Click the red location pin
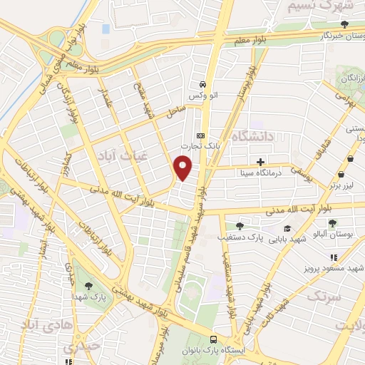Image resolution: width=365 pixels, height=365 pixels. [183, 168]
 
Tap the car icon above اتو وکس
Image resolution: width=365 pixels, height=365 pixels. [202, 82]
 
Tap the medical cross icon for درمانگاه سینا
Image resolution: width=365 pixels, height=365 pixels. [261, 162]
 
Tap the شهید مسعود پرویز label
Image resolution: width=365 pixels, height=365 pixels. [336, 268]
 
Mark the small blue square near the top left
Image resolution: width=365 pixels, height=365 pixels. [106, 29]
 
